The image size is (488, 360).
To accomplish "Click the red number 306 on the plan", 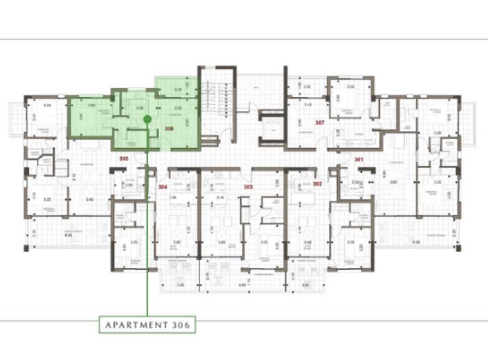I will [x=169, y=129].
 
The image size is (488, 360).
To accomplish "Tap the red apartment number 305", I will [x=124, y=159].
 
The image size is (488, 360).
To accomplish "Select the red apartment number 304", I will [x=163, y=187].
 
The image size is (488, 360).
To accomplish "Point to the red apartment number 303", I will [x=247, y=187].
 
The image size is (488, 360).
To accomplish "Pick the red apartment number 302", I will [x=317, y=184].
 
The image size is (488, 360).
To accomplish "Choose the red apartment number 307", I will [x=320, y=123].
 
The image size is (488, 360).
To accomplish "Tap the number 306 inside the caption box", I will [x=181, y=324].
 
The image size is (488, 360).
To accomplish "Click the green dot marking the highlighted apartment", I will [x=147, y=119].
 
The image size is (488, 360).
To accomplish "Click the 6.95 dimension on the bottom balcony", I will [x=242, y=285].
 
